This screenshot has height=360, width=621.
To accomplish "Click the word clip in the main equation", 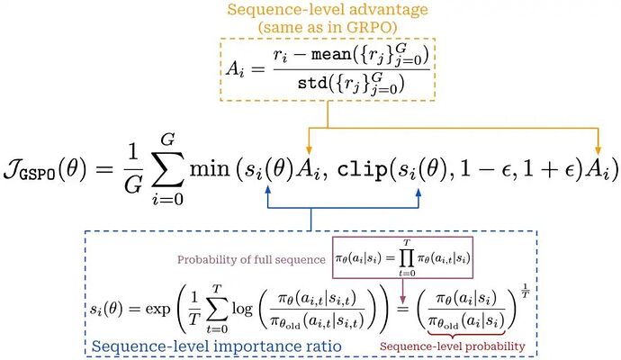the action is (362, 169).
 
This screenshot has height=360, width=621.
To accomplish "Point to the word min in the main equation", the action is (210, 168).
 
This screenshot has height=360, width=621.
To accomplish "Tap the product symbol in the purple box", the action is (407, 258).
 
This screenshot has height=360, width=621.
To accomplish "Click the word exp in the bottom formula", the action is (157, 309).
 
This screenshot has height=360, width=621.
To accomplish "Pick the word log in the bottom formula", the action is (242, 308).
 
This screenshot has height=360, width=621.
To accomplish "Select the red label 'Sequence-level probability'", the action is (453, 346).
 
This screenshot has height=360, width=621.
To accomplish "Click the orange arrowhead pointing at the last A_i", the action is (598, 149).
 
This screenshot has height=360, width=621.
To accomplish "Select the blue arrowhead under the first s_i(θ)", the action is (268, 191).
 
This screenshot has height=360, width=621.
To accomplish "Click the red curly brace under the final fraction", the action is (466, 333).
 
